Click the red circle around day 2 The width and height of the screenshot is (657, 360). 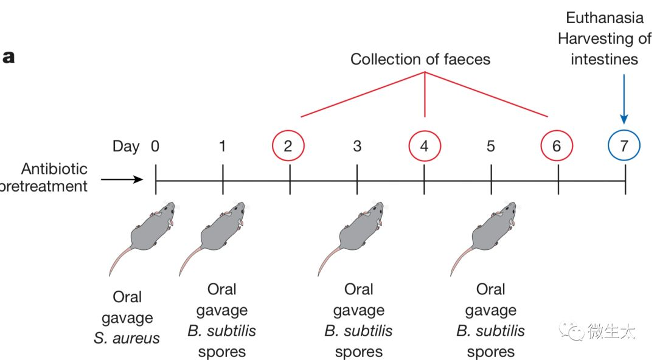288,146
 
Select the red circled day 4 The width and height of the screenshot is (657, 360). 424,146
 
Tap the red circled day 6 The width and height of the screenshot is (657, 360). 557,146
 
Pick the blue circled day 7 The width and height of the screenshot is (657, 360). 624,146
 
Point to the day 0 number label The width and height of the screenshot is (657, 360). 156,146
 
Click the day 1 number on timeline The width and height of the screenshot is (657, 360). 223,146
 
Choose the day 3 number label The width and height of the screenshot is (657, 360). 357,146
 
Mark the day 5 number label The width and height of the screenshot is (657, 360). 491,146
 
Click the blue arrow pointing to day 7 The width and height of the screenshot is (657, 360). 624,97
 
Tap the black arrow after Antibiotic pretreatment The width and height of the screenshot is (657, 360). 122,179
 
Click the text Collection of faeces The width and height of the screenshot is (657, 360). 420,59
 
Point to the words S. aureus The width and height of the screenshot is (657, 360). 127,338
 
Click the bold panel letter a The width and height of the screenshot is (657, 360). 9,58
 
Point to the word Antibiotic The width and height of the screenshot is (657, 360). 55,168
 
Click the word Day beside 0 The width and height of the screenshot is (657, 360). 126,146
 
